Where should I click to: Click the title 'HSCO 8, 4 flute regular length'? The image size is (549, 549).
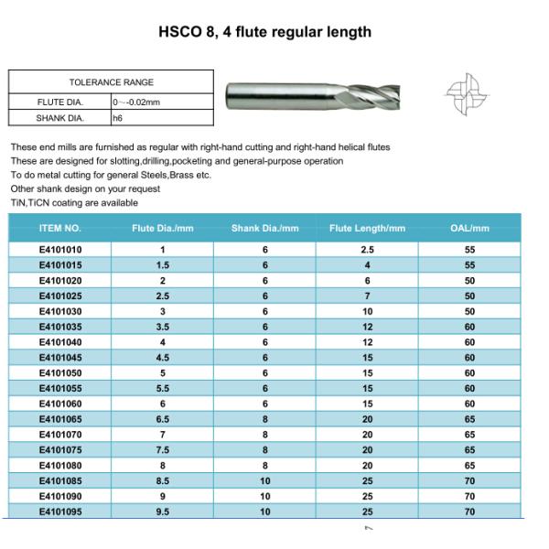[x=265, y=32]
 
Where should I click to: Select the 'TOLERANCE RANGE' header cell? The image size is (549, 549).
[x=112, y=82]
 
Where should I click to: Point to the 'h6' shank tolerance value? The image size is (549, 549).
[x=117, y=118]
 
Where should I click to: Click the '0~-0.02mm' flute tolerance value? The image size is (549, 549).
[x=137, y=101]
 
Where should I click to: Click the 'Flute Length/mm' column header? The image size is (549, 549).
[x=367, y=228]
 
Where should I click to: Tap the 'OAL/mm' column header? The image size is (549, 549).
[x=469, y=228]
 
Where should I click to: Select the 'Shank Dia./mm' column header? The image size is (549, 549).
[x=265, y=228]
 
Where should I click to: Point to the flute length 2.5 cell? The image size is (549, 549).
[x=367, y=249]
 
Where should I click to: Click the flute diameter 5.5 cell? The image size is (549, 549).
[x=163, y=388]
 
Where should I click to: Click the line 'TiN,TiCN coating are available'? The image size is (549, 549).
[x=74, y=203]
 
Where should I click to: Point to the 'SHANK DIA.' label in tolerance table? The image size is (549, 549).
[x=60, y=118]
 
